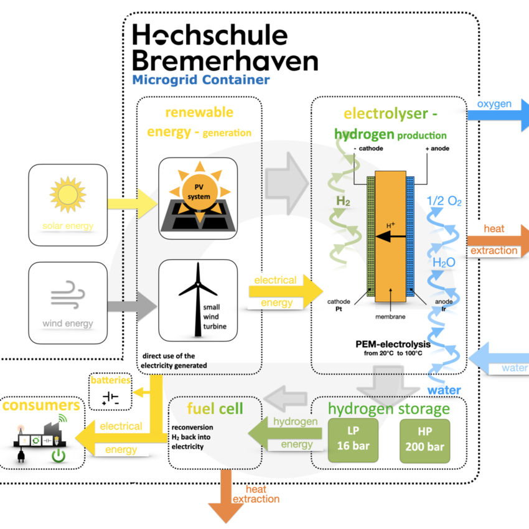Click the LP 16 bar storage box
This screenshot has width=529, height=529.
click(353, 440)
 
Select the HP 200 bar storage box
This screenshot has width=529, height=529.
click(424, 441)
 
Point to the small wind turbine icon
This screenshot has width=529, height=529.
click(198, 299)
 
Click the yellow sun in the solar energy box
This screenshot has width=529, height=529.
click(68, 194)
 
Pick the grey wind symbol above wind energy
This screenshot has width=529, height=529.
click(67, 294)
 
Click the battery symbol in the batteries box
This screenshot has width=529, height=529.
click(111, 398)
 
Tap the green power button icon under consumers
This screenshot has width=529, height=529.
click(59, 456)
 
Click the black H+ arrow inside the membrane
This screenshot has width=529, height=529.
click(390, 237)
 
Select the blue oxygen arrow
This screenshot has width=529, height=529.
click(499, 115)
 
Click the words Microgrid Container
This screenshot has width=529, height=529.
click(201, 80)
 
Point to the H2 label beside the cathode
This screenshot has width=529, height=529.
click(343, 202)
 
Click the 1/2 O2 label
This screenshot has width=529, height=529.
click(444, 201)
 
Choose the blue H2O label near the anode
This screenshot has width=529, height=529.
click(444, 263)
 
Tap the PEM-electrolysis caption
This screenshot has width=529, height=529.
click(393, 344)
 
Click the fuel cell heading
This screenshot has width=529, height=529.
click(215, 408)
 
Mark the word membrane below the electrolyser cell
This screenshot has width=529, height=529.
click(390, 317)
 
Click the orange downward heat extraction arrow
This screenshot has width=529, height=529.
click(226, 496)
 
